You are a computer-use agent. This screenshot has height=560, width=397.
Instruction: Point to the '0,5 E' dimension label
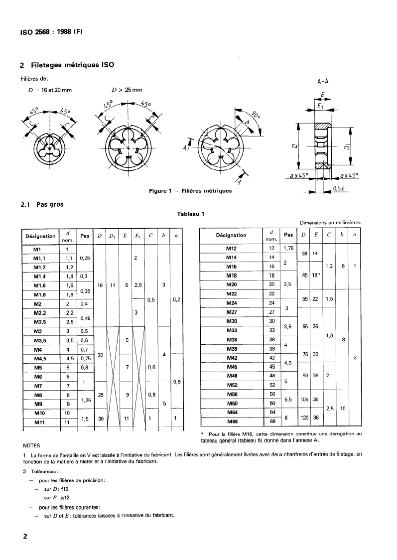tap(340, 188)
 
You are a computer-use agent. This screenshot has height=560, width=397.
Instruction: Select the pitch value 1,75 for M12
tap(288, 248)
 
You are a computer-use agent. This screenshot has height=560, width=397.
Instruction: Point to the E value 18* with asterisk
tap(315, 276)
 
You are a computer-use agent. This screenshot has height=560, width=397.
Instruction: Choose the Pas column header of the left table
tap(85, 236)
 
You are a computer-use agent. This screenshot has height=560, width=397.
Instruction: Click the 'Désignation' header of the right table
tap(231, 235)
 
